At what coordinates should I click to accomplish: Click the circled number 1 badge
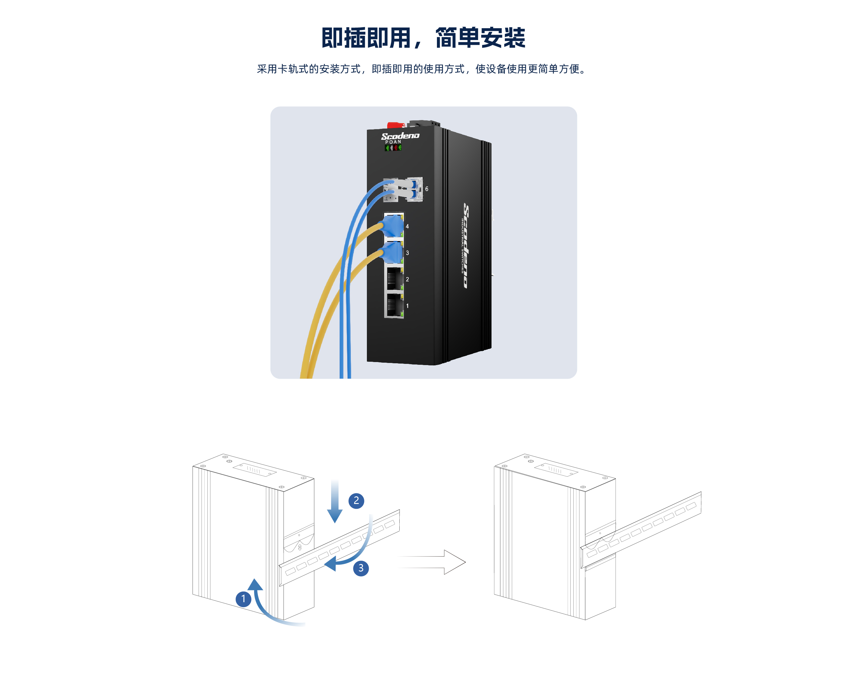coord(243,599)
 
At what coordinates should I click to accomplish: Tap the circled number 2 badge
coord(356,501)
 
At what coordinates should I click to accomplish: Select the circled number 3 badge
coord(361,568)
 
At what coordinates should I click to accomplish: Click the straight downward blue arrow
coord(334,501)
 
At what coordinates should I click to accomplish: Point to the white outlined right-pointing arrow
coord(432,562)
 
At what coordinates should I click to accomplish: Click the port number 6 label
coord(427,189)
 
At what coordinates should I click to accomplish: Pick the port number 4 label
coord(407,226)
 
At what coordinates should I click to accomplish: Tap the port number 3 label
coord(407,253)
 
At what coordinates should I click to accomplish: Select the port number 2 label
coord(407,279)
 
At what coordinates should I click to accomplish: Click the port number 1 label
coord(407,306)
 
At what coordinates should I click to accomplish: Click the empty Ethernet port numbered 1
coord(394,305)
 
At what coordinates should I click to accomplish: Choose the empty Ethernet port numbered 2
coord(394,279)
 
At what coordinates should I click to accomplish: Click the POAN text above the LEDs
coord(393,142)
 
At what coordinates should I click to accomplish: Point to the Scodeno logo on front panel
coord(400,136)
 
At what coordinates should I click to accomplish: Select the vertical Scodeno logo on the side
coord(467,246)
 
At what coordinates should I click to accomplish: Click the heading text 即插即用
coord(366,38)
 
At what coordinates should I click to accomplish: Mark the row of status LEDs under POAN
coord(394,148)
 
